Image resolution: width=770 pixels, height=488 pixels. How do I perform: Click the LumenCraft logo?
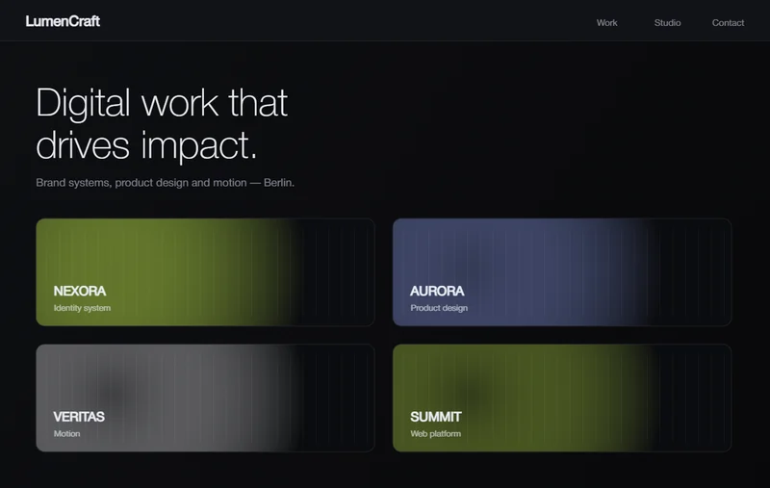pyautogui.click(x=63, y=21)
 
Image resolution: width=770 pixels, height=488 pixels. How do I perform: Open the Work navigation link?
pyautogui.click(x=607, y=22)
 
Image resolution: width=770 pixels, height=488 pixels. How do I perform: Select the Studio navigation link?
pyautogui.click(x=667, y=22)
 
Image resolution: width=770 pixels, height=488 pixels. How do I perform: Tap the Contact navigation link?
pyautogui.click(x=729, y=22)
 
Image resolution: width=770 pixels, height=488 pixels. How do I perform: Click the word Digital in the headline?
pyautogui.click(x=83, y=104)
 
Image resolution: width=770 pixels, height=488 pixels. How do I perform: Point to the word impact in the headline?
pyautogui.click(x=199, y=145)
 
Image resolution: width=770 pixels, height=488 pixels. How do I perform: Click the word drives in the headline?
pyautogui.click(x=83, y=144)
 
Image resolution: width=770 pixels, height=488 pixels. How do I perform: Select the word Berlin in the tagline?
pyautogui.click(x=279, y=183)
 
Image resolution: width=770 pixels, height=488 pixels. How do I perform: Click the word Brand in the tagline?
pyautogui.click(x=51, y=183)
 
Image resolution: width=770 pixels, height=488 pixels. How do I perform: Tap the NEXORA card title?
pyautogui.click(x=80, y=291)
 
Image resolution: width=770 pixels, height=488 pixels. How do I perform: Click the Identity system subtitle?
pyautogui.click(x=82, y=308)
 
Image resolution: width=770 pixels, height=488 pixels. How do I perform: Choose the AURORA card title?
pyautogui.click(x=437, y=291)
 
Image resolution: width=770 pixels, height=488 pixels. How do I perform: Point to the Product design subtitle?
pyautogui.click(x=439, y=308)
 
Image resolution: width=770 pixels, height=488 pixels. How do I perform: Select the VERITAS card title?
pyautogui.click(x=79, y=417)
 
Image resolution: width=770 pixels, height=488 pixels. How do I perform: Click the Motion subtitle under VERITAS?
pyautogui.click(x=66, y=433)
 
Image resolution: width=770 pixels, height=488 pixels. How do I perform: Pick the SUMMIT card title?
pyautogui.click(x=436, y=417)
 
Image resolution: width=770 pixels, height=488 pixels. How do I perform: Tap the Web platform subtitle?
pyautogui.click(x=436, y=433)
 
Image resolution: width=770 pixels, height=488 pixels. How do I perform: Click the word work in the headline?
pyautogui.click(x=180, y=104)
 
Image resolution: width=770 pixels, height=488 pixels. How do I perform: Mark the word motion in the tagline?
pyautogui.click(x=230, y=183)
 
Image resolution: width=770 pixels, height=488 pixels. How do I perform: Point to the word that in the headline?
pyautogui.click(x=258, y=103)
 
